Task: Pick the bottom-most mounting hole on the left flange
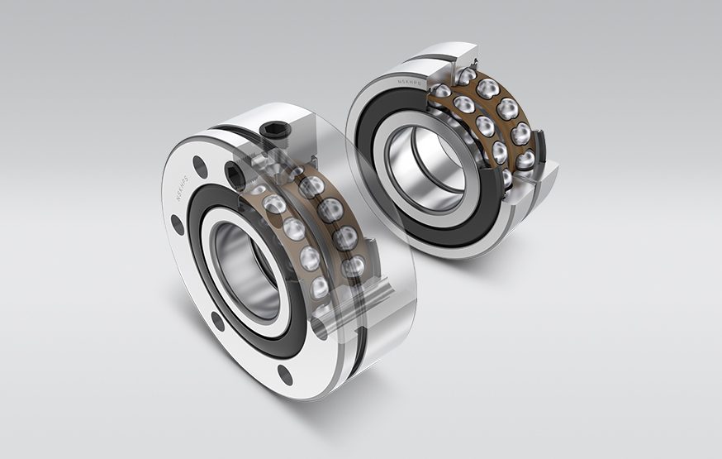[285, 377]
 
